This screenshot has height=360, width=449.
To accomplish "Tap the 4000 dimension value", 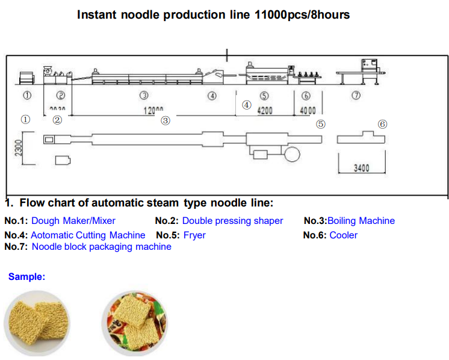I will (x=307, y=111).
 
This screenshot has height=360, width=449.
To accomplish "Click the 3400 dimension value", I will (x=361, y=168).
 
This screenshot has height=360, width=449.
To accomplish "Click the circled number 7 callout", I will (x=356, y=96).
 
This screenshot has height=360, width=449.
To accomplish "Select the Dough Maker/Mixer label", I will (x=73, y=221).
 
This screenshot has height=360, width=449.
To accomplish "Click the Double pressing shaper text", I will (x=232, y=221).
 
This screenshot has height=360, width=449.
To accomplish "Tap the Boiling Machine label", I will (x=361, y=221).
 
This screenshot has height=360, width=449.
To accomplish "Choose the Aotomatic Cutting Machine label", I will (x=88, y=235).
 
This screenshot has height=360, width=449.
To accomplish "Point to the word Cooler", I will (x=343, y=235).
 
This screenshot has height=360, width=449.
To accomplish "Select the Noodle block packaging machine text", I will (x=101, y=247).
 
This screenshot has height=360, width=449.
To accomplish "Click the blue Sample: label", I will (x=26, y=277).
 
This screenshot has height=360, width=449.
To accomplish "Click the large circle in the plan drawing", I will (x=292, y=154).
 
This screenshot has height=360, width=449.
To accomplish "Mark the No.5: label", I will (x=167, y=235).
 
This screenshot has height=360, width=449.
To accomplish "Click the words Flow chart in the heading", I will (x=49, y=203).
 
